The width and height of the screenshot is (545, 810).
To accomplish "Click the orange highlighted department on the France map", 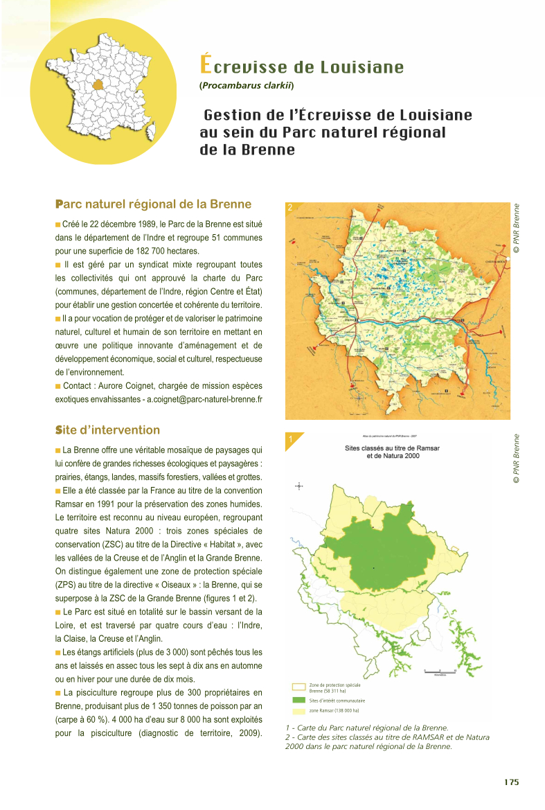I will (101, 85).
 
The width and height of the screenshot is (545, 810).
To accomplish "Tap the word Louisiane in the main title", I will (361, 67).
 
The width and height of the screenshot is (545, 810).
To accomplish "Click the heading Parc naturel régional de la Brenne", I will (153, 204).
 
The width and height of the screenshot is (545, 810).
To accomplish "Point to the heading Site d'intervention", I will (107, 430).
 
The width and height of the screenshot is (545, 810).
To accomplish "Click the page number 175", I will (511, 782).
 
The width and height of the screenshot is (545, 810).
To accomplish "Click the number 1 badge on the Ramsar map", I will (291, 439).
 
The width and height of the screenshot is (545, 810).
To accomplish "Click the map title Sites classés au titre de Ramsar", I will (393, 448).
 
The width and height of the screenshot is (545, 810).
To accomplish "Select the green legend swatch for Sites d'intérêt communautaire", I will (298, 701).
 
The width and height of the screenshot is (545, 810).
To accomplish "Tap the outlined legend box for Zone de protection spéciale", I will (298, 687).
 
